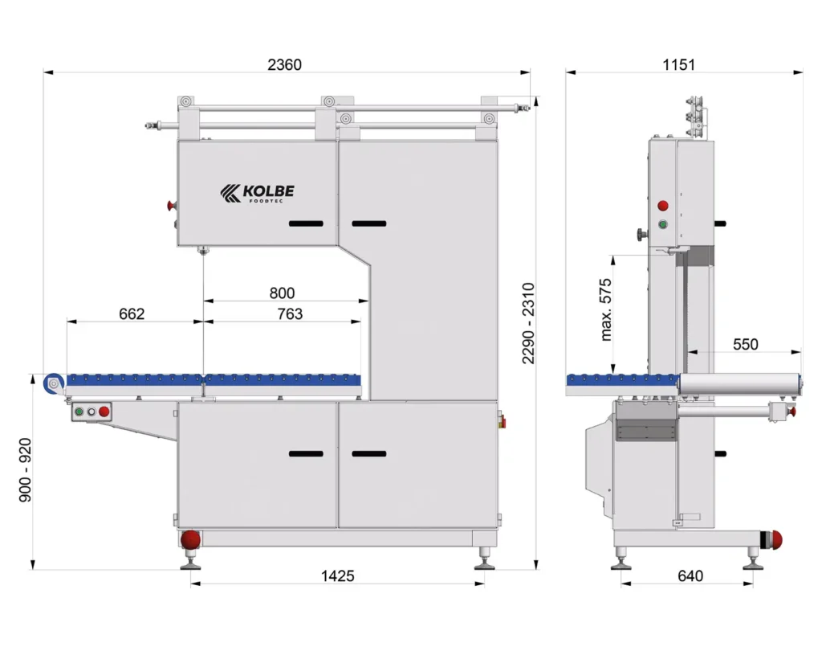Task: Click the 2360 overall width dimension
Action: tap(284, 64)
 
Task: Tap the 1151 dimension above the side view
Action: tap(678, 64)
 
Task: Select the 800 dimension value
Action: tap(282, 293)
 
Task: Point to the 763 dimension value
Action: tap(290, 313)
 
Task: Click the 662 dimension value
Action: tap(132, 313)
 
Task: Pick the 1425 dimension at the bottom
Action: tap(338, 576)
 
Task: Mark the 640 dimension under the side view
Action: tap(690, 576)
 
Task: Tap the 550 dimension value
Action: tap(746, 344)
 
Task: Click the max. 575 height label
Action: tap(606, 309)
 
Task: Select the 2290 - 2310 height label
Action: tap(528, 323)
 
